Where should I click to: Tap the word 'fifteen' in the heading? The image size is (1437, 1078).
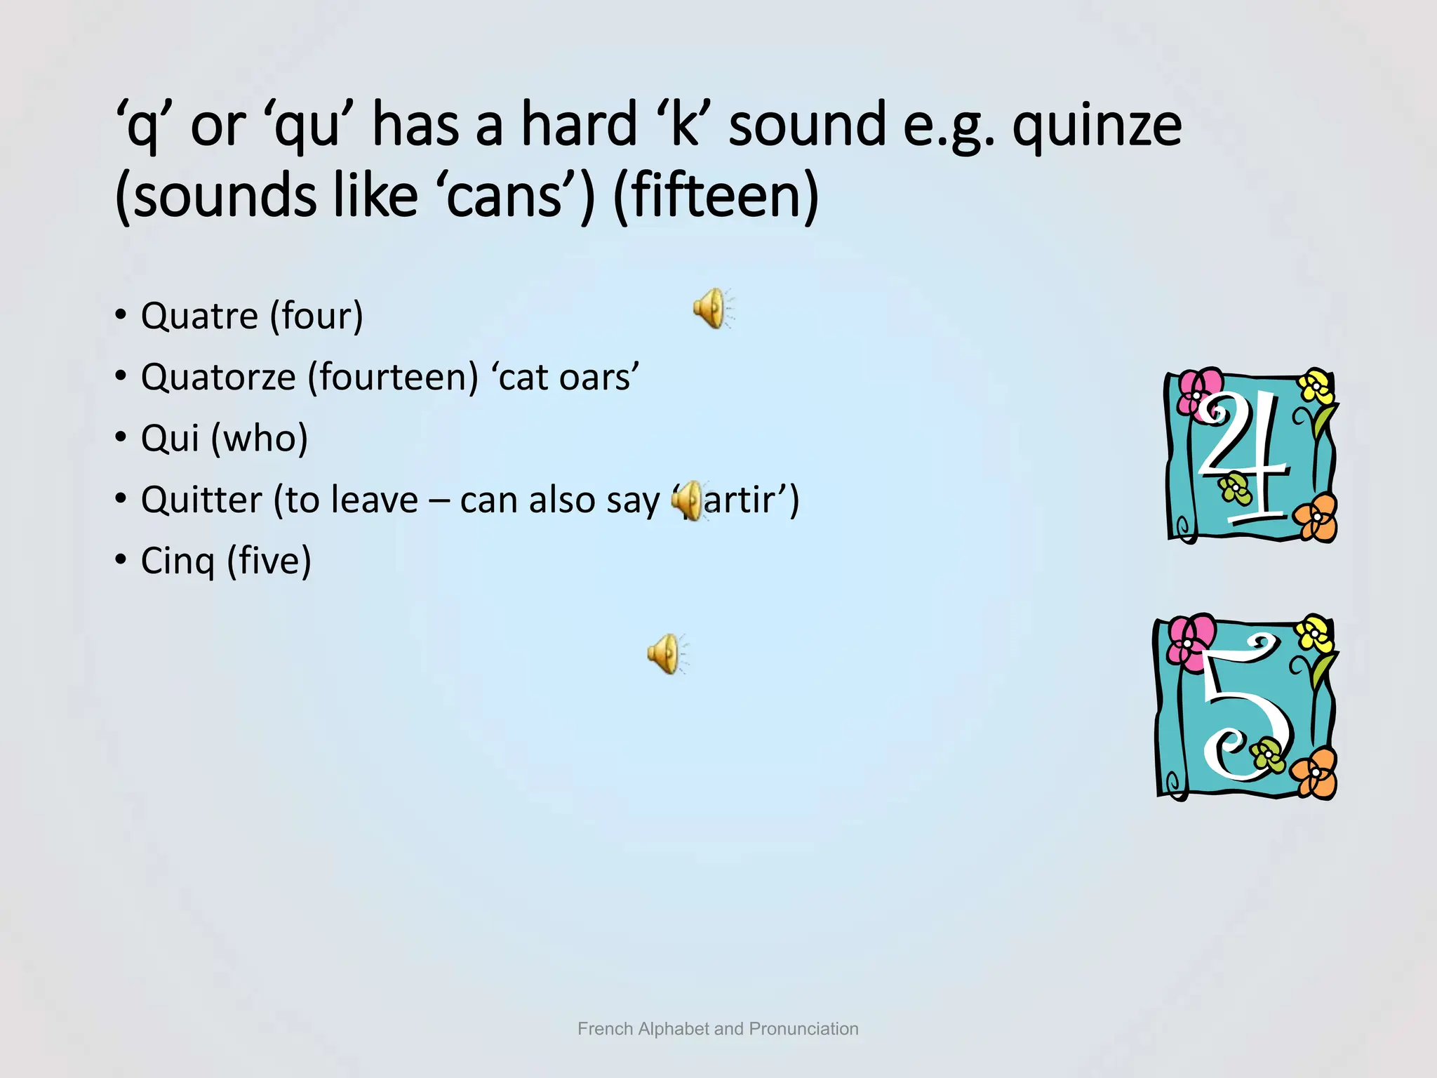(x=716, y=196)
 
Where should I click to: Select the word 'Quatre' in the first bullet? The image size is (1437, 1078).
(x=199, y=317)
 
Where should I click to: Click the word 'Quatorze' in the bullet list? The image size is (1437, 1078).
(x=218, y=378)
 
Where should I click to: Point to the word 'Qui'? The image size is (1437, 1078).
(x=171, y=439)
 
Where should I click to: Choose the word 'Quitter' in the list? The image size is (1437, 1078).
(x=201, y=500)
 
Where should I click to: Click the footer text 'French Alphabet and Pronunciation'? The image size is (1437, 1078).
(x=718, y=1029)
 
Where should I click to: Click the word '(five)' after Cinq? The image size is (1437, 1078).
(x=269, y=561)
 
